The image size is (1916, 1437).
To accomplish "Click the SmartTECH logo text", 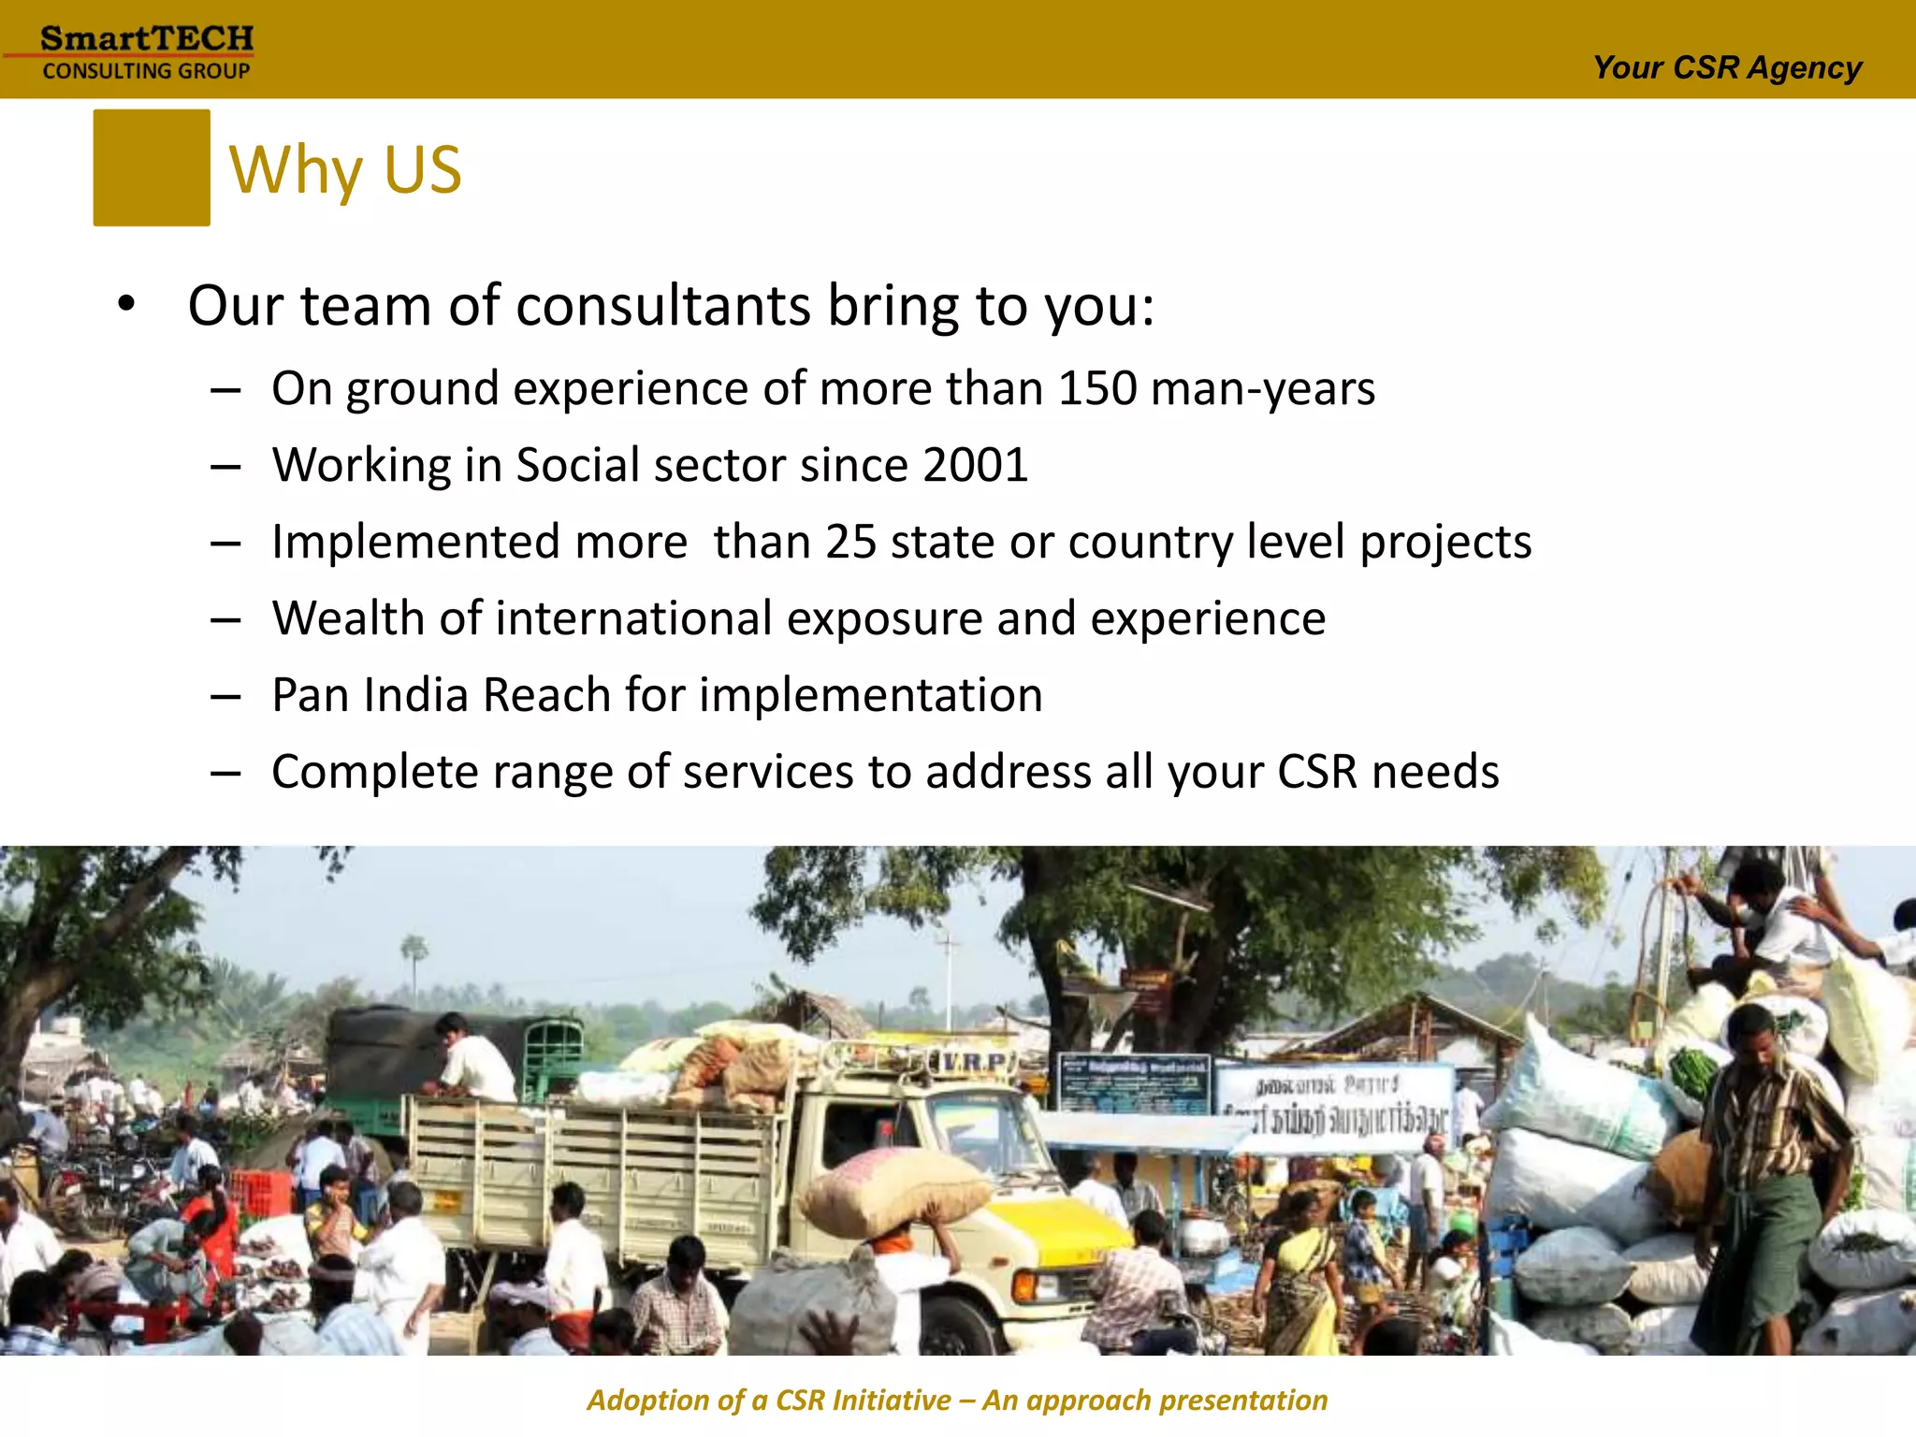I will pos(147,39).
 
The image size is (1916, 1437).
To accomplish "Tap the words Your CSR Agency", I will pos(1727,68).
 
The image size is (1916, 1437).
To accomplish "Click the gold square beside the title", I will pos(152,167).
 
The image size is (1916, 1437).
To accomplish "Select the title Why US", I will pos(345,170).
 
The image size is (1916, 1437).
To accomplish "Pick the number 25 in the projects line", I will pos(850,542).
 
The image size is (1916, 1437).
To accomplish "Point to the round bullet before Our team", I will pos(127,305).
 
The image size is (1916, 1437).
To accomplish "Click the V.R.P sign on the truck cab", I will pos(978,1062).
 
